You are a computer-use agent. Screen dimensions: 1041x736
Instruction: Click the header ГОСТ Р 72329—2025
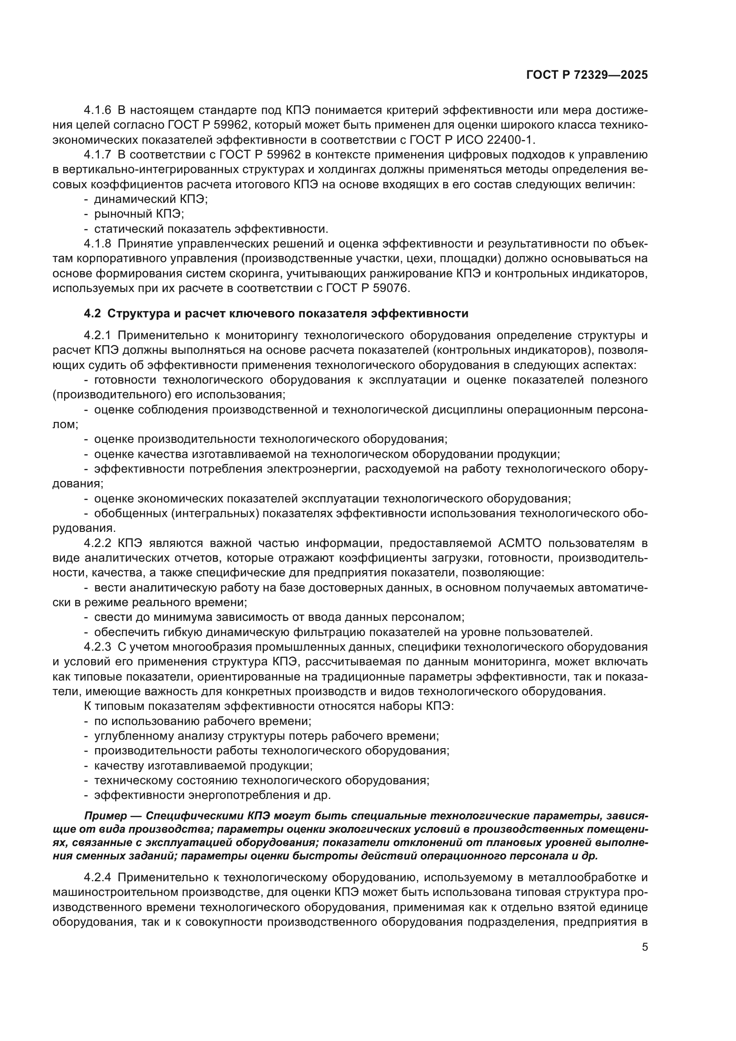(x=587, y=75)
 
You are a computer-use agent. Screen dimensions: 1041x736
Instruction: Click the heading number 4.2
(x=93, y=313)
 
